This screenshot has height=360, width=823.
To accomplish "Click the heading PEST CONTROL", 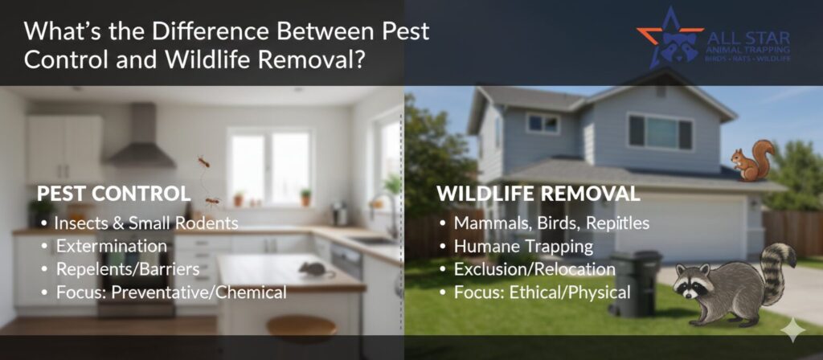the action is click(113, 194).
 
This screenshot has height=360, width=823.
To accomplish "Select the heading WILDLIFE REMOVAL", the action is click(538, 194).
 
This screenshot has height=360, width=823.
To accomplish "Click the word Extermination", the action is click(112, 246).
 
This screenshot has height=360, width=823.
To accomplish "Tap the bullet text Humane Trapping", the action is click(523, 246).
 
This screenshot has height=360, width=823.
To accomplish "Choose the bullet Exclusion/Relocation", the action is click(534, 269).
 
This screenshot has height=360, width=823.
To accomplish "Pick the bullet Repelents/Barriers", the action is click(128, 269).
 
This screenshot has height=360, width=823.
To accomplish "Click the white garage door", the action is click(682, 227).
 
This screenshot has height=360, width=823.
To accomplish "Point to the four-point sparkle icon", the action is click(792, 329).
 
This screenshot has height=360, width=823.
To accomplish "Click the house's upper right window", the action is click(661, 133).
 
